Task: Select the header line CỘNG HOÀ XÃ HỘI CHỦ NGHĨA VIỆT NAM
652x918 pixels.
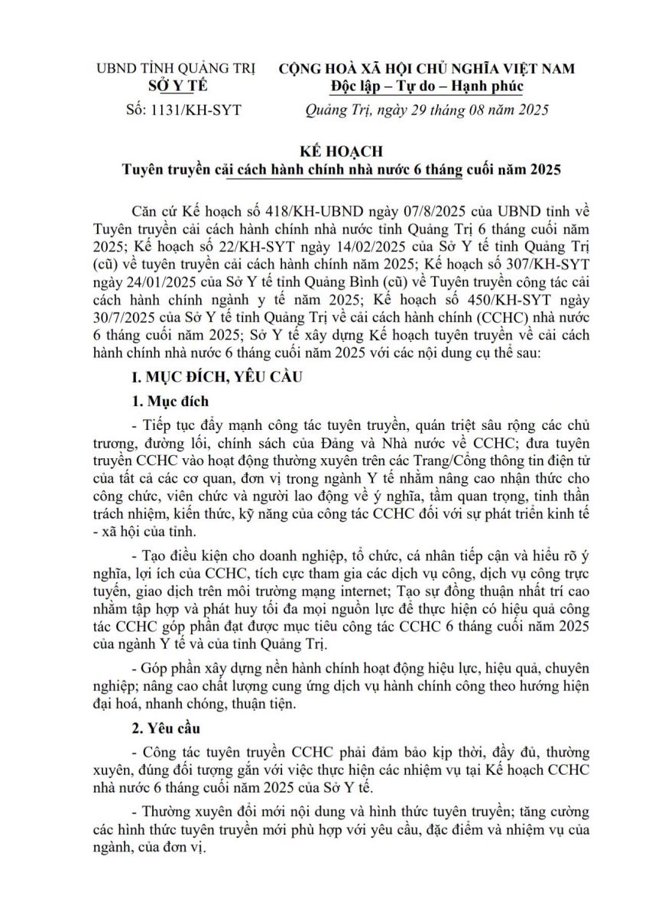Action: [x=427, y=69]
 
